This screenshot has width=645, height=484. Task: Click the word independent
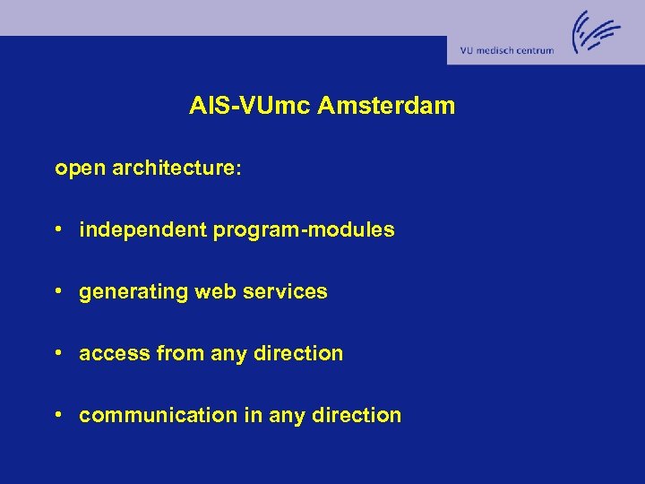pyautogui.click(x=142, y=230)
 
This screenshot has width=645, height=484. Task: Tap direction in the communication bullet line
pyautogui.click(x=356, y=416)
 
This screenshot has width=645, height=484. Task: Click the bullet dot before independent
pyautogui.click(x=57, y=230)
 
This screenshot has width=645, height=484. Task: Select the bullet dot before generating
pyautogui.click(x=57, y=292)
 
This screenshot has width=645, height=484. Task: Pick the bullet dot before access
pyautogui.click(x=57, y=354)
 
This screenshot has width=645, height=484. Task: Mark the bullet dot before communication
pyautogui.click(x=57, y=416)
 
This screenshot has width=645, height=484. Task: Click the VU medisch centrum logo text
pyautogui.click(x=507, y=51)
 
